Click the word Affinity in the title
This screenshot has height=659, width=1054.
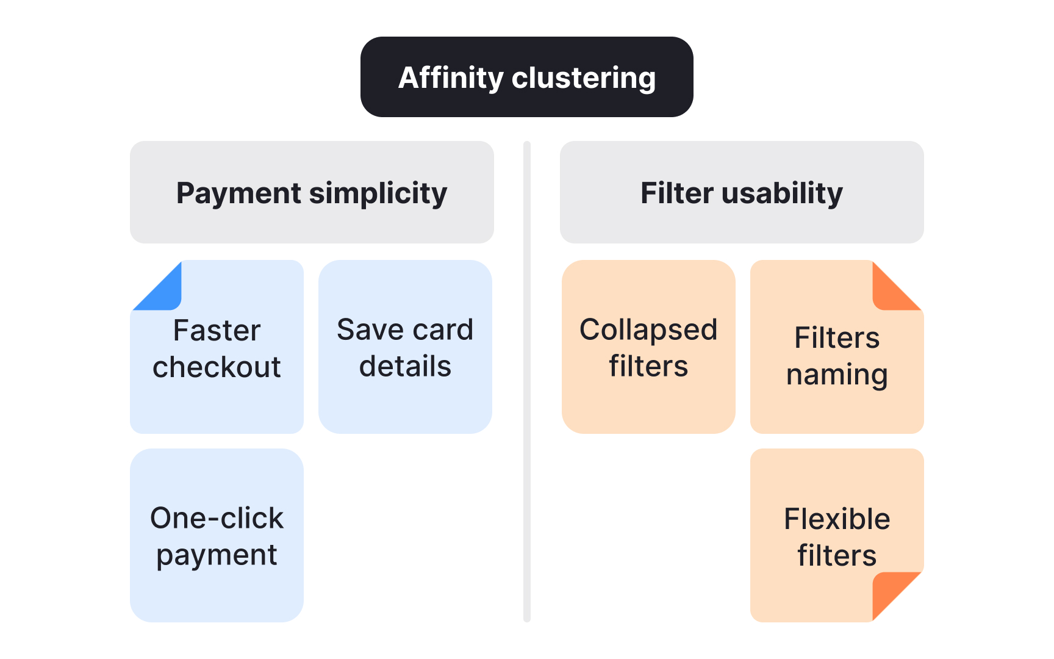450,78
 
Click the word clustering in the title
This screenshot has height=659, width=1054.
584,78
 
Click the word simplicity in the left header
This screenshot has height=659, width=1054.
378,193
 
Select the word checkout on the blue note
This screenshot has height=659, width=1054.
217,367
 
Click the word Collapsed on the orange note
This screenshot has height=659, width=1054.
648,330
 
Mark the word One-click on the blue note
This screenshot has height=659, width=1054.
217,518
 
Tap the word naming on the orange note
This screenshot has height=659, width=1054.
837,375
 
